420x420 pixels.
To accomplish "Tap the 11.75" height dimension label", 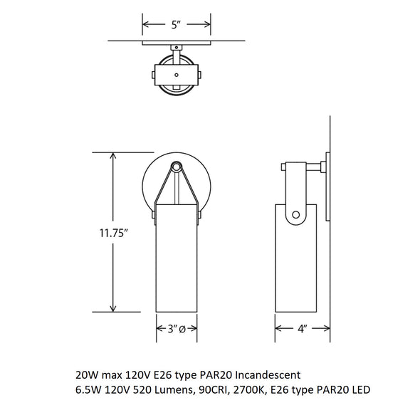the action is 112,233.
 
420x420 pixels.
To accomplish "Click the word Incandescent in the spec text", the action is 268,374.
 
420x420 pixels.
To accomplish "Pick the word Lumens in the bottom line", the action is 175,389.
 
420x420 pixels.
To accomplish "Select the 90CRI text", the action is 214,389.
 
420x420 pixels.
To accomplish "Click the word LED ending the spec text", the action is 361,389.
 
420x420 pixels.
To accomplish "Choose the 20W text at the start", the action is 87,374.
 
